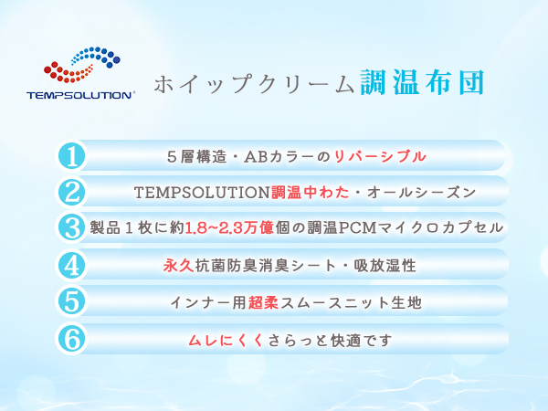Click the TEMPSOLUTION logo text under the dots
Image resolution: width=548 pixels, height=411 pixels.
click(80, 95)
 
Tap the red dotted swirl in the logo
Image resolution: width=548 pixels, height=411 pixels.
click(68, 72)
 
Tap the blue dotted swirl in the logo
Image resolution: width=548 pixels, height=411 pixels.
click(96, 57)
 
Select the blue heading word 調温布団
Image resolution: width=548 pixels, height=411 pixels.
click(422, 82)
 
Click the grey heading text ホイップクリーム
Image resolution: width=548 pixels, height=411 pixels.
click(254, 84)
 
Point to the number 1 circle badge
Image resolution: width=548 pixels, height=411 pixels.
click(71, 155)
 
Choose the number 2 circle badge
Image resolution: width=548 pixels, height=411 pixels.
click(71, 192)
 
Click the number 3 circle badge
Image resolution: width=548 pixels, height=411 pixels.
click(71, 227)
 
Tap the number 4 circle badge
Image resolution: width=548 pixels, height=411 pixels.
click(71, 265)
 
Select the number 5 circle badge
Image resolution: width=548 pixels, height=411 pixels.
click(71, 301)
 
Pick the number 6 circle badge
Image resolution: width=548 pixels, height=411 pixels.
click(71, 339)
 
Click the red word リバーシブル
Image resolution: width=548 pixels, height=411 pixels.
click(380, 156)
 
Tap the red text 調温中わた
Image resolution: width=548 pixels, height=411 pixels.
click(310, 192)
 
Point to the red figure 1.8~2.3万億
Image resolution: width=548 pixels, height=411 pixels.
click(229, 227)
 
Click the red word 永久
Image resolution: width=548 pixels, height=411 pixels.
click(179, 266)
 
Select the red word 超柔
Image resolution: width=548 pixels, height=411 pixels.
click(264, 302)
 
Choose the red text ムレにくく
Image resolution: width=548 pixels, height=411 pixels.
click(226, 340)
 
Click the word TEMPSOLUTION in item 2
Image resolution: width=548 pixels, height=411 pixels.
click(202, 192)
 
